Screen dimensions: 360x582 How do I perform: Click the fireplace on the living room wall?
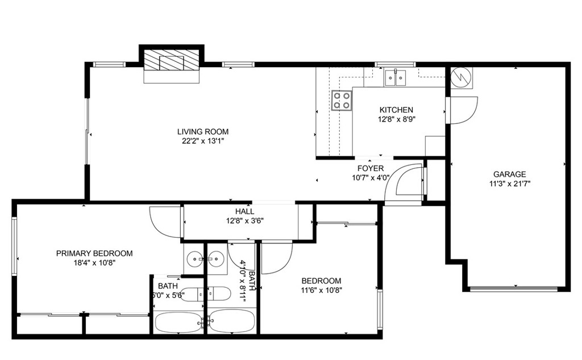[171, 60]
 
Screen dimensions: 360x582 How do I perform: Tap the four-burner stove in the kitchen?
[342, 101]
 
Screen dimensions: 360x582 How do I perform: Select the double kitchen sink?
[395, 77]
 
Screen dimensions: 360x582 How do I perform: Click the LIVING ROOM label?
[202, 132]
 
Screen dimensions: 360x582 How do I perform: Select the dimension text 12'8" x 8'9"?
[397, 120]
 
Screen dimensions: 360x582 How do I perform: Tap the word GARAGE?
[509, 174]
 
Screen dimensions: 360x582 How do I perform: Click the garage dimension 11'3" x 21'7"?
[509, 184]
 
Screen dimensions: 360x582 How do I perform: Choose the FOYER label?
[370, 168]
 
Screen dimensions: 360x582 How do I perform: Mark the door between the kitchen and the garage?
[462, 109]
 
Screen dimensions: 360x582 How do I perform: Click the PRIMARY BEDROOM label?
[94, 253]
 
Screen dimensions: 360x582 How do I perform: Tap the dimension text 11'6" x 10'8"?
[321, 290]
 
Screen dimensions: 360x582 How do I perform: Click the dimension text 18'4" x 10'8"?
[94, 263]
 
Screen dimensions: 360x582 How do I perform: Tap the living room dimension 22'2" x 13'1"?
[202, 142]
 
